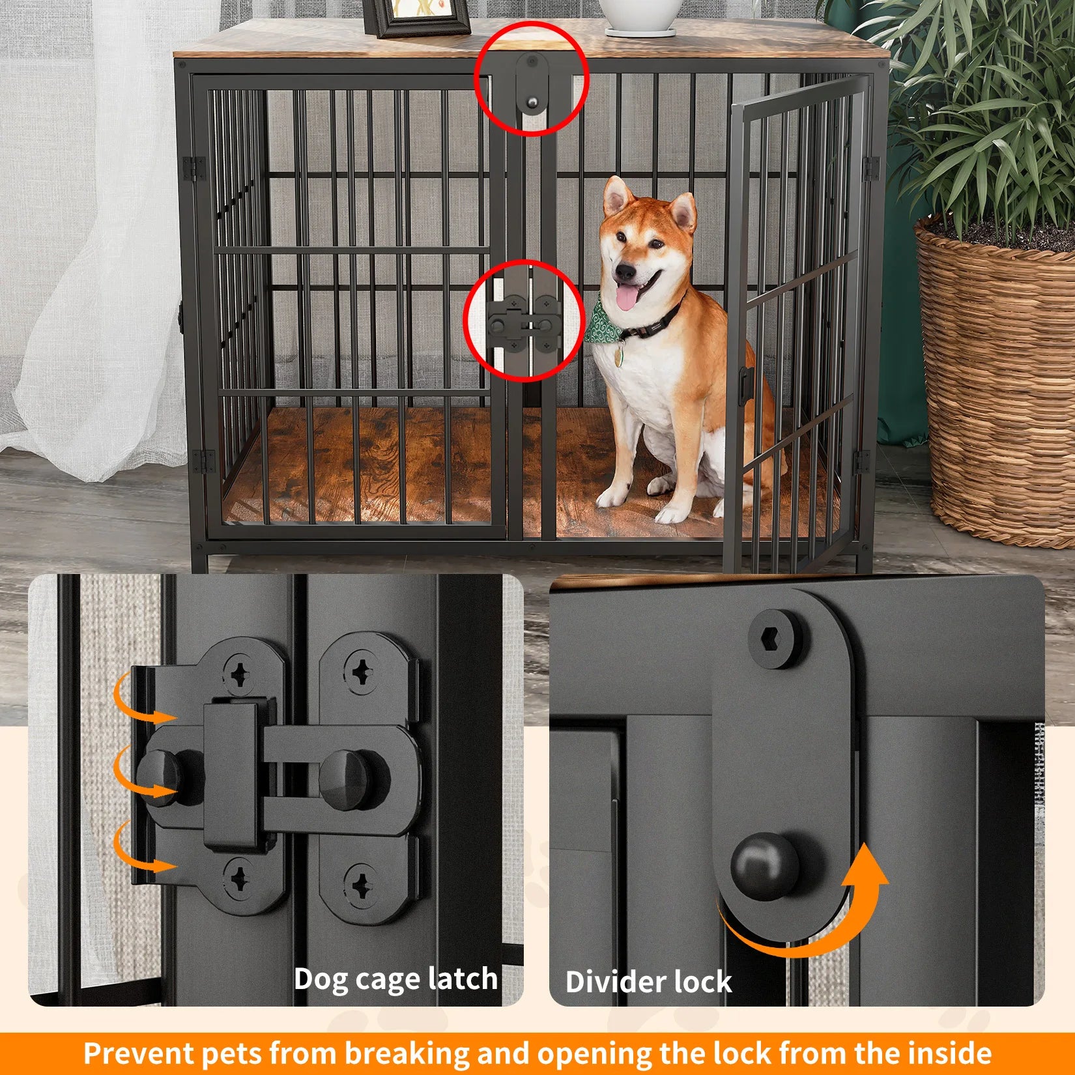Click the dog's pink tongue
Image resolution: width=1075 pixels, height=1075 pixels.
tap(627, 298)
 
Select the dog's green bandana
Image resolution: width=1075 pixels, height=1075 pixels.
tap(603, 324)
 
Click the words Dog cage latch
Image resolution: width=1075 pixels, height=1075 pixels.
tap(395, 979)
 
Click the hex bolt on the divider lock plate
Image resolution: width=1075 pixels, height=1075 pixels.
tap(775, 639)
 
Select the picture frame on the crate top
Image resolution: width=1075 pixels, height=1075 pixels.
tap(417, 16)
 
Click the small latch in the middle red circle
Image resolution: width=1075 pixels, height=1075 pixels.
tap(525, 321)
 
